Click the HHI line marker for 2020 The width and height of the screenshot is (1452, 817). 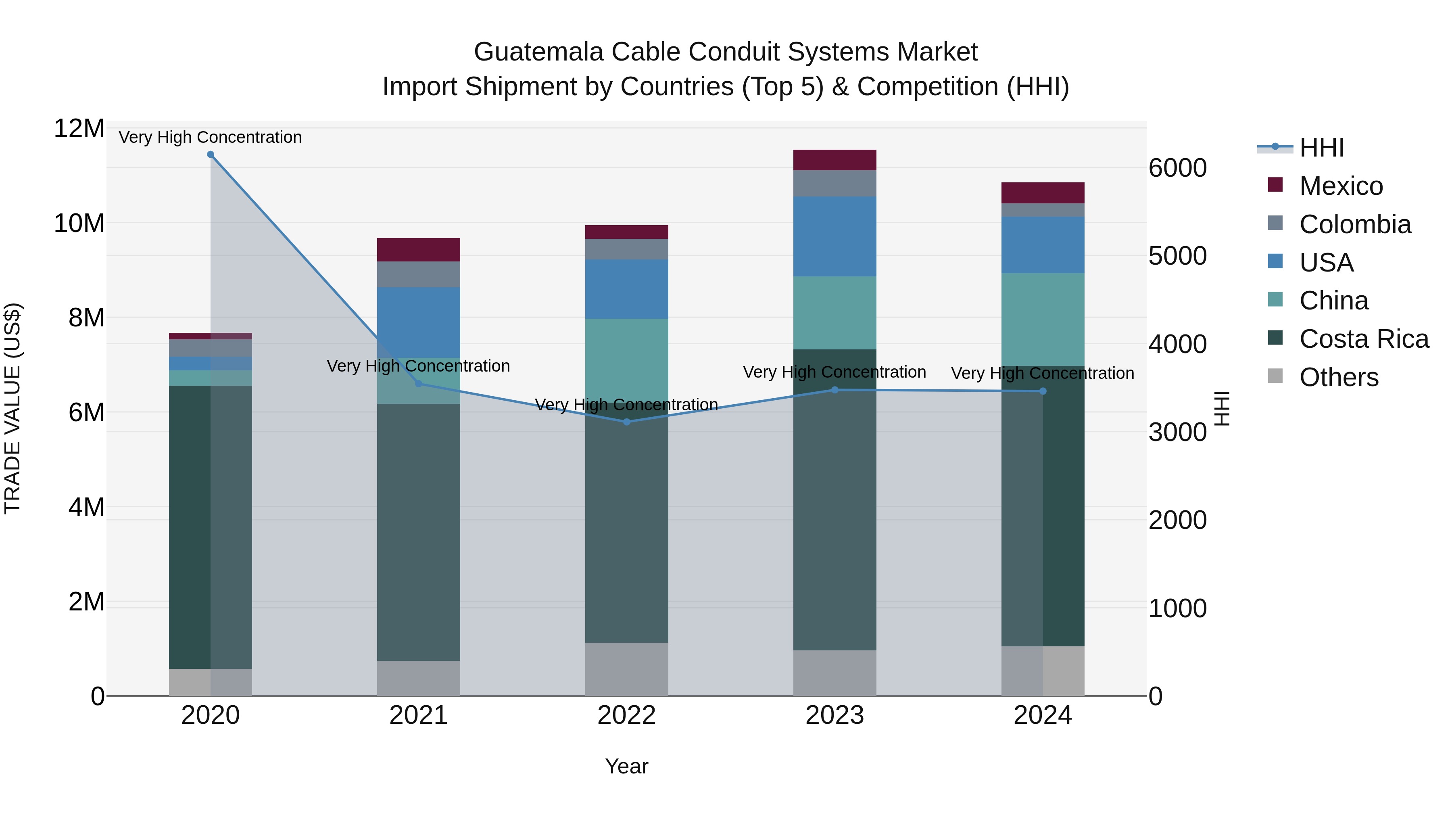pos(210,155)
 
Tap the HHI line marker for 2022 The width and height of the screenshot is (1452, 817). pos(626,422)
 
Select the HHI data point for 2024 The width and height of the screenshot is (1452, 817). pos(1042,391)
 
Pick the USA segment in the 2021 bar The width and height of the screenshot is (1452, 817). pos(418,322)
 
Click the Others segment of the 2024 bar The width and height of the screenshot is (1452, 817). pos(1042,671)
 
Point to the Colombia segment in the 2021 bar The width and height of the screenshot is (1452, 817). pos(418,274)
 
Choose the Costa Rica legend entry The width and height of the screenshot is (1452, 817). pos(1364,339)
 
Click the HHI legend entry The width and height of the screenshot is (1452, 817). pos(1321,148)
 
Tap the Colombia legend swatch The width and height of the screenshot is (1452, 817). pos(1275,223)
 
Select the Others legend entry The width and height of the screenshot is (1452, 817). pos(1338,377)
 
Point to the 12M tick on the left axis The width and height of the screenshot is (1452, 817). pos(79,129)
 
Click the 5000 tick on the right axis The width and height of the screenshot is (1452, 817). pos(1177,256)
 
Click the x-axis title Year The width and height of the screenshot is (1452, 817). pos(626,766)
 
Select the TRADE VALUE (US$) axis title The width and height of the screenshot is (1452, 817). pos(13,408)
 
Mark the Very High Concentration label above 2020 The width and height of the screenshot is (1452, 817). pos(210,137)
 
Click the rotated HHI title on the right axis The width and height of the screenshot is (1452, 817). pos(1222,408)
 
